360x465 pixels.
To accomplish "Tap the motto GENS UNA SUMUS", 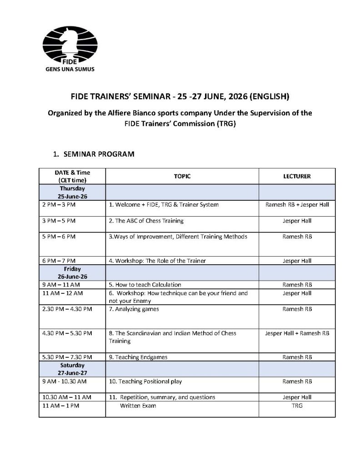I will [x=68, y=70].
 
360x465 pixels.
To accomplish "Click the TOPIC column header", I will [x=182, y=176].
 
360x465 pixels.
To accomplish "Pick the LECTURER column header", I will [x=297, y=176].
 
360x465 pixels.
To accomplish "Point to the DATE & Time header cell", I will [x=72, y=176].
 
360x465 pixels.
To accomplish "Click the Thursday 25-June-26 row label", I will [x=72, y=192].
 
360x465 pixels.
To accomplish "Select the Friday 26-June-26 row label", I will [x=72, y=273].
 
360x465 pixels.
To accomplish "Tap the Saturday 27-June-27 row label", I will [x=72, y=369].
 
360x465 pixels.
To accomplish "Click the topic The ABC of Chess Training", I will [x=146, y=221].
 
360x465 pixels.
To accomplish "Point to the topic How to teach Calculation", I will [x=145, y=285].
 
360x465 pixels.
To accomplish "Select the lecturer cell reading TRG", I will [x=297, y=406].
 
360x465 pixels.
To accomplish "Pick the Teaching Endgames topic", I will [x=138, y=357].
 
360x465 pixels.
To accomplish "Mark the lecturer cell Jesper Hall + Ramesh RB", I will [x=297, y=333].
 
